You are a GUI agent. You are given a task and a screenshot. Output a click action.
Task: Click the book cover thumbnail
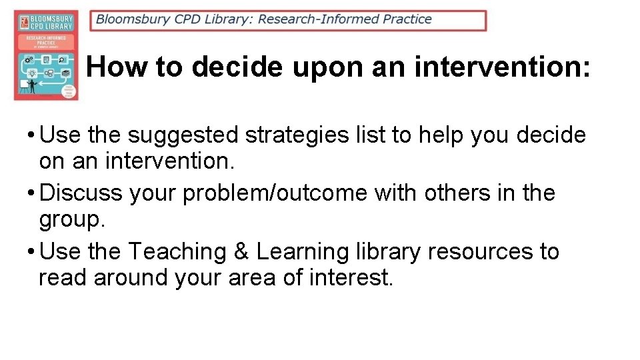click(x=46, y=55)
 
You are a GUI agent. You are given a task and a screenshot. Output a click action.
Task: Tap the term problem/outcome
click(x=275, y=193)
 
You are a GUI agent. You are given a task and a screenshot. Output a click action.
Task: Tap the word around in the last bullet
click(x=131, y=277)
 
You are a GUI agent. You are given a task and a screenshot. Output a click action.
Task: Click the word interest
click(x=351, y=277)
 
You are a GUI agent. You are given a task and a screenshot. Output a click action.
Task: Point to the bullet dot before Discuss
click(x=31, y=193)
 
